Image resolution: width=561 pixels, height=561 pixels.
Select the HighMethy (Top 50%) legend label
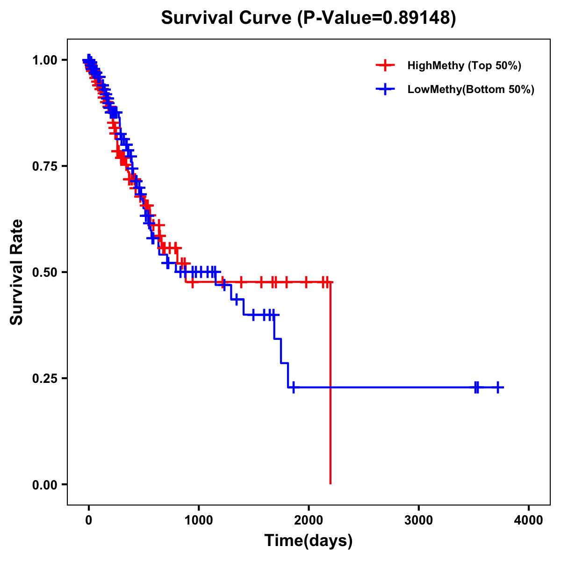(464, 65)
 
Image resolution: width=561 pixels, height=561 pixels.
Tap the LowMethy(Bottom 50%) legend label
(470, 89)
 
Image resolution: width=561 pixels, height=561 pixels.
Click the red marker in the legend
(385, 65)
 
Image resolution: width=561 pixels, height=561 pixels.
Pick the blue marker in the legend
(385, 89)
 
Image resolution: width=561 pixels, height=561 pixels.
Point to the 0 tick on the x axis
(89, 520)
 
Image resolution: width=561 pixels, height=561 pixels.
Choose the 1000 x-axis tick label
(199, 520)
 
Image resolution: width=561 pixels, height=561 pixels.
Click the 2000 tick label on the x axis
(309, 520)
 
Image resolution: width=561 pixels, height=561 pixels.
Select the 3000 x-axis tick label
(418, 520)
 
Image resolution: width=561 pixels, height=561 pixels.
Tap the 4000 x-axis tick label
(529, 520)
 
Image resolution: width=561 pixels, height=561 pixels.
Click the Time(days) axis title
(309, 541)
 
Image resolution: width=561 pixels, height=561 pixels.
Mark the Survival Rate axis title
(17, 272)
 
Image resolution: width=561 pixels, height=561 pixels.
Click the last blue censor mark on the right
(498, 388)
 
